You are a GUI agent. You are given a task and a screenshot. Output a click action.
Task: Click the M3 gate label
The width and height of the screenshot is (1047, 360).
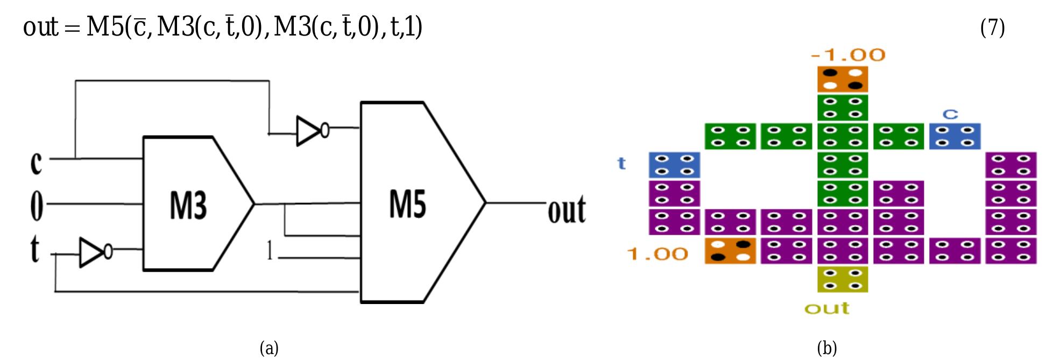tap(188, 205)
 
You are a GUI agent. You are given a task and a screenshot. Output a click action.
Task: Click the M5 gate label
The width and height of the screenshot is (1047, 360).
tap(407, 204)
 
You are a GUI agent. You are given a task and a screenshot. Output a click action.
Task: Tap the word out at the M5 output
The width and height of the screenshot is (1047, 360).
tap(567, 210)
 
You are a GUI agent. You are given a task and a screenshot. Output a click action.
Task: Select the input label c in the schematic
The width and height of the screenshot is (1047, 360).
tap(36, 161)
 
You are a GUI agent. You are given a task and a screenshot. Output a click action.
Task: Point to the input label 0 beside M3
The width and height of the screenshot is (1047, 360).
tap(36, 205)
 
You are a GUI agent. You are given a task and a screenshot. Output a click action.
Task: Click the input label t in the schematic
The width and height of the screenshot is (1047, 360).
tap(35, 249)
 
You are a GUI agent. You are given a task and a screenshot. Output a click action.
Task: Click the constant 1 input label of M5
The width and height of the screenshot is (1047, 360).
tap(270, 251)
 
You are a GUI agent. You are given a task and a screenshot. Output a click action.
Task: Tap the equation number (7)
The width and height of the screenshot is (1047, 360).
tap(992, 27)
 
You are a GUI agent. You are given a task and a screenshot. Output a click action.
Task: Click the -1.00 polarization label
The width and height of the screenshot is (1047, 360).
tap(848, 55)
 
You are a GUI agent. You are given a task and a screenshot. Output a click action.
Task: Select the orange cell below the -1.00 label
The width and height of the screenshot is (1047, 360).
tap(843, 79)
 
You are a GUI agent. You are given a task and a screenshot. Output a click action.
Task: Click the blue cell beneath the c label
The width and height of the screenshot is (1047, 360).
tap(954, 137)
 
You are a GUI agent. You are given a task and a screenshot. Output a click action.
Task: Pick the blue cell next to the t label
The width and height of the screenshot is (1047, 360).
tap(674, 165)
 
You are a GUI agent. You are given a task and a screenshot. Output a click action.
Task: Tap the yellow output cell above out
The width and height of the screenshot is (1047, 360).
tap(843, 279)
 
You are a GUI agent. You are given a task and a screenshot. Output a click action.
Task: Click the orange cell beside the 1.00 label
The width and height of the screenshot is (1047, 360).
tap(730, 251)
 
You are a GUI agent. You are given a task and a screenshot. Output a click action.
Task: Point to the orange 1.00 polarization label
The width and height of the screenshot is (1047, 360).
tap(657, 254)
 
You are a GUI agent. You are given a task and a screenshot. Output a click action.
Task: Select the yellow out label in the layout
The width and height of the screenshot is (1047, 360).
tap(827, 308)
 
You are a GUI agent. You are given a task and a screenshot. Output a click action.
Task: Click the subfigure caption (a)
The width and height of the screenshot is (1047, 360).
tap(269, 348)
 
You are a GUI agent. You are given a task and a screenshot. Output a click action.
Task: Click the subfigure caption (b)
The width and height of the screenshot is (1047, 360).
tap(827, 348)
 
